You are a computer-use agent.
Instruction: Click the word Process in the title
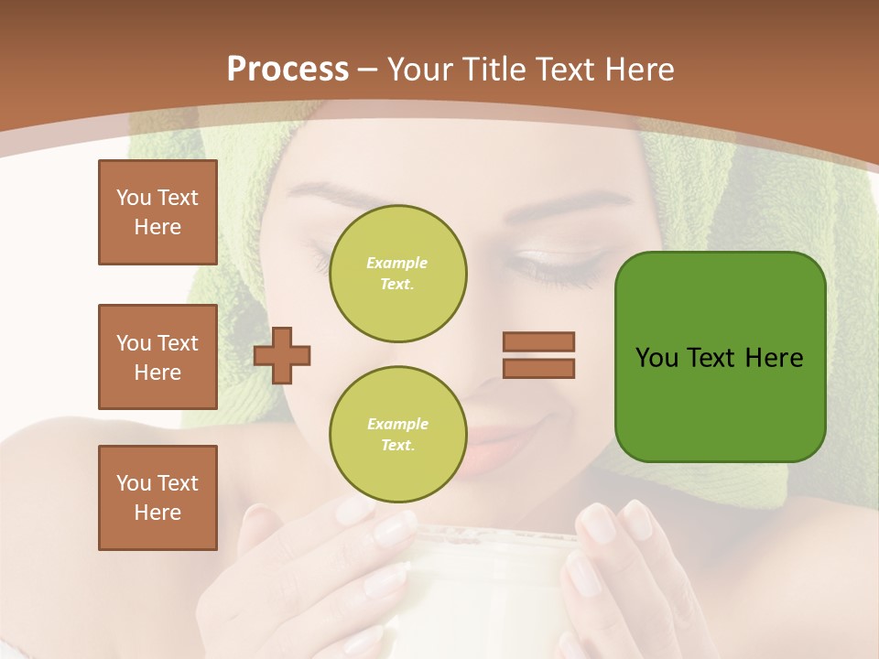288,70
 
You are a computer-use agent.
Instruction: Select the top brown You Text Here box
157,212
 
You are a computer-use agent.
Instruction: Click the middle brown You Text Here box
157,357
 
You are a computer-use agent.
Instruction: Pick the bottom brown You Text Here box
157,498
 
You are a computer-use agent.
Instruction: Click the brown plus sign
282,355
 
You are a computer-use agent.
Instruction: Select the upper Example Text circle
398,273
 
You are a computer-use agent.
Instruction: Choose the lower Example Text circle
398,434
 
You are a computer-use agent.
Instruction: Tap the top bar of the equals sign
539,341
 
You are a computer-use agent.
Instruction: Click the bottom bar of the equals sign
539,368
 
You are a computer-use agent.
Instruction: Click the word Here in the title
638,70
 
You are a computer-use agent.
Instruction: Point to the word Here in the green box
774,358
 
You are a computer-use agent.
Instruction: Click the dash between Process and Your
368,70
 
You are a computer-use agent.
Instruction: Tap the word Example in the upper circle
396,263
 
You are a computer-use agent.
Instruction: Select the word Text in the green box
713,358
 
